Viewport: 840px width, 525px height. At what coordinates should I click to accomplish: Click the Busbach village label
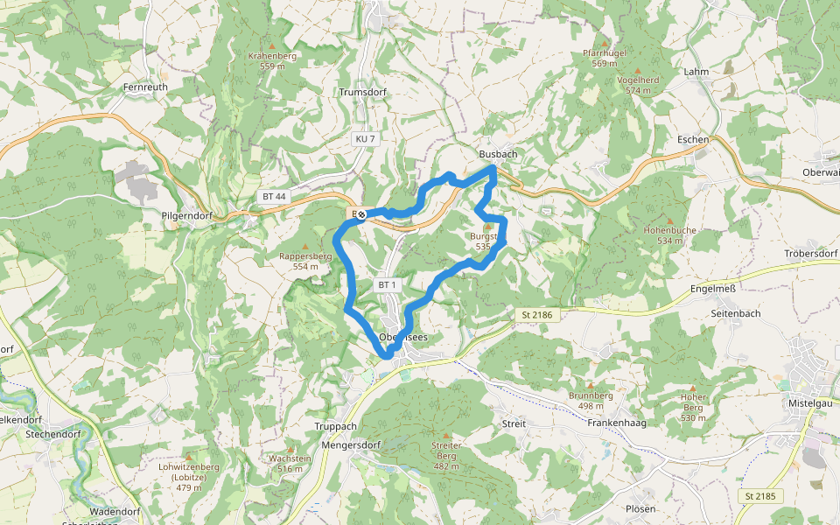(499, 154)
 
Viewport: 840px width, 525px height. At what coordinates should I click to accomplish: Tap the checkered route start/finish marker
(361, 213)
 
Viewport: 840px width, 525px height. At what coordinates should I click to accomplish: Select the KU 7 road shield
(366, 139)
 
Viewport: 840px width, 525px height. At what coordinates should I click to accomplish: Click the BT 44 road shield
(274, 197)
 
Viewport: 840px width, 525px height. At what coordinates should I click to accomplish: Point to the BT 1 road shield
(388, 285)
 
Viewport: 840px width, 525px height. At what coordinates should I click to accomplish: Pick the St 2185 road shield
(759, 496)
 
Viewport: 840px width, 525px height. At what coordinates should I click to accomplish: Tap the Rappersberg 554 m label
(305, 261)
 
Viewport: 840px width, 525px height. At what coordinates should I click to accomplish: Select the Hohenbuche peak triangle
(670, 220)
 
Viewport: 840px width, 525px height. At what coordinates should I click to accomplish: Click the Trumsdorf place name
(361, 92)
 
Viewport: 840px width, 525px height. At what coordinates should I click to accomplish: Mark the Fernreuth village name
(145, 87)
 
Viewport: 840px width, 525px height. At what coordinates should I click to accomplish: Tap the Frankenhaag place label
(616, 423)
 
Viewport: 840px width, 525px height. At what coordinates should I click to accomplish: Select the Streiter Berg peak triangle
(446, 436)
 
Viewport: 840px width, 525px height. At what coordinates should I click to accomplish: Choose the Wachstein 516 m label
(290, 464)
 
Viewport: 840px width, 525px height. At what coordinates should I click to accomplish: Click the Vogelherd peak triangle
(638, 70)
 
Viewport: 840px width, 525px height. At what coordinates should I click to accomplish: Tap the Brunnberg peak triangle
(590, 386)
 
